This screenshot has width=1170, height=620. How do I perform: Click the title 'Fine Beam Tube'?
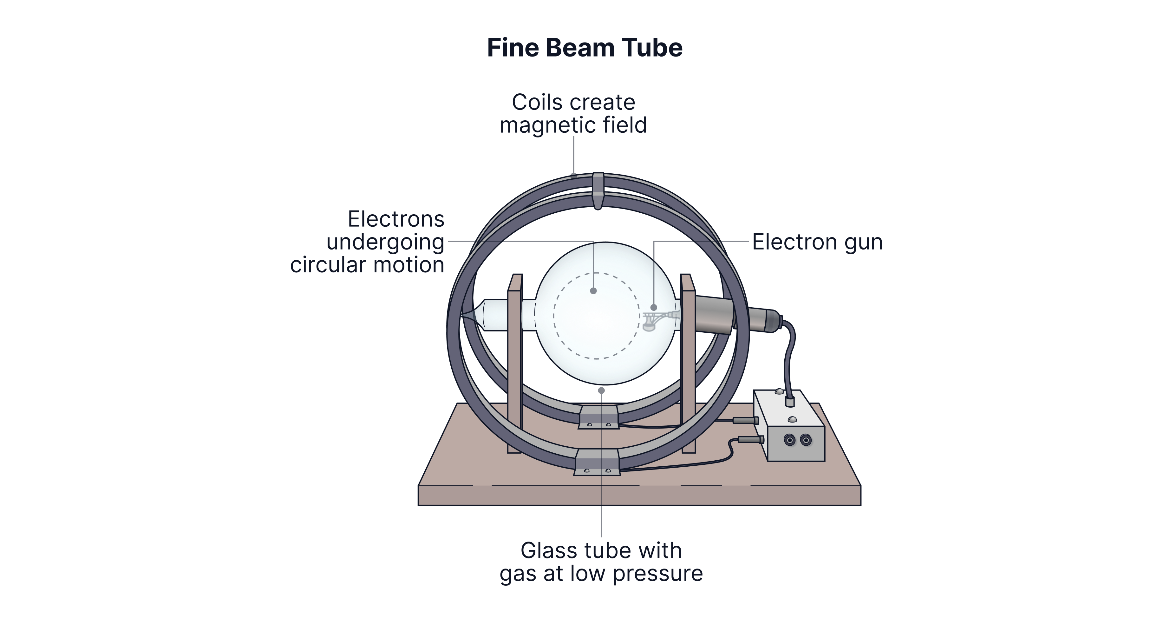(585, 48)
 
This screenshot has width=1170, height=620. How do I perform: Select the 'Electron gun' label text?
(817, 242)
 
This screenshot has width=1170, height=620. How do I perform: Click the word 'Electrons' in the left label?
(396, 220)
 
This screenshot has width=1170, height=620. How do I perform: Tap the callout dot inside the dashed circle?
(593, 291)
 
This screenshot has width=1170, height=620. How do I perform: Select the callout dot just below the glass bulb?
(601, 390)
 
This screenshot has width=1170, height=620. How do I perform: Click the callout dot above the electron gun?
(654, 307)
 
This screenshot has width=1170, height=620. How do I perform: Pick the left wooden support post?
(515, 363)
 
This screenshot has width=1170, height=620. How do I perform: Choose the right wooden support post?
(689, 363)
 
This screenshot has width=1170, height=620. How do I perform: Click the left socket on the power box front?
(790, 440)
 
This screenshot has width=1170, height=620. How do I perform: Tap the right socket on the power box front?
(806, 440)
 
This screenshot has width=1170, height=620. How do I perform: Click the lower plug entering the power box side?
(751, 440)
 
